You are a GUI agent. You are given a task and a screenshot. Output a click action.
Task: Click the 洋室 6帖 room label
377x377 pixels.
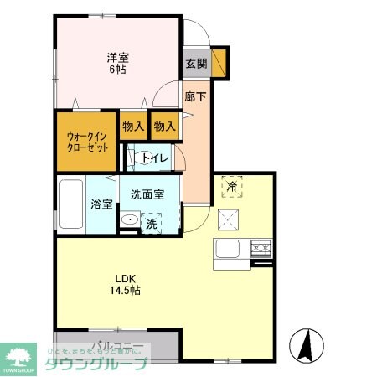118,64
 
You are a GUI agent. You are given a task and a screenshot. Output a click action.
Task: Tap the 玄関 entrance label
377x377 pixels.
195,64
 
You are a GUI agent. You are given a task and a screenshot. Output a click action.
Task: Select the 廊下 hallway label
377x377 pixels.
195,97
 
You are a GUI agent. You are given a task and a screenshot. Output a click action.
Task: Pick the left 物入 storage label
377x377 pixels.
133,127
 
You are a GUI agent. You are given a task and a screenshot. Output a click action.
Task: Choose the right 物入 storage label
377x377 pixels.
164,127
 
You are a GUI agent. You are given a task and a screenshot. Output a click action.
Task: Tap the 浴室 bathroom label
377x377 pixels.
101,204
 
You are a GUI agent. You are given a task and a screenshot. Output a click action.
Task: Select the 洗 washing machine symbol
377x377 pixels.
152,223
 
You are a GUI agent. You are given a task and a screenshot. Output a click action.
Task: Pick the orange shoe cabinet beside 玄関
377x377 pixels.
219,64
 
